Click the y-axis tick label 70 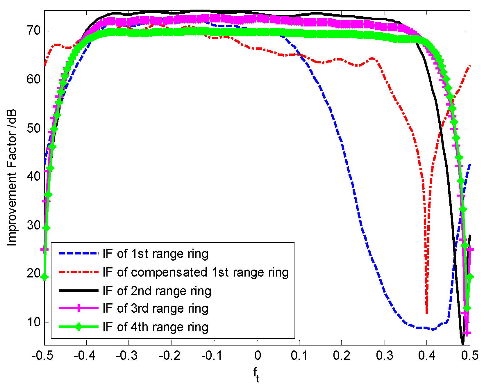tap(33, 31)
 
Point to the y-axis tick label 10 tap(33, 322)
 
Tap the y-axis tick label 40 tap(33, 177)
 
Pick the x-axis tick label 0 tap(257, 356)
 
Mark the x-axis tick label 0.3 tap(384, 356)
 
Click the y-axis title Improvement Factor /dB tap(12, 178)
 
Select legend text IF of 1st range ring tap(156, 254)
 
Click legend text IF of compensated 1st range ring tap(196, 273)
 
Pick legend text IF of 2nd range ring tap(157, 291)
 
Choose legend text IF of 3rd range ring tap(156, 309)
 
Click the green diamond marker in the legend tap(78, 327)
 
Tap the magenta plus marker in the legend tap(78, 309)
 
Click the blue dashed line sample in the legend tap(78, 254)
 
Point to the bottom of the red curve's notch tap(426, 312)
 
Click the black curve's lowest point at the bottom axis tap(462, 344)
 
